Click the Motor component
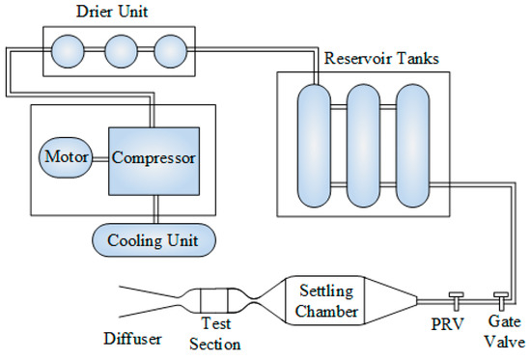pos(66,157)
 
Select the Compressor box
pos(154,161)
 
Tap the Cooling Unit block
pos(154,240)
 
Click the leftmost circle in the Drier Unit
pos(68,51)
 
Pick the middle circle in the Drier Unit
pos(121,51)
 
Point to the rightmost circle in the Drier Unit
pos(170,51)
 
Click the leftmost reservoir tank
pos(314,146)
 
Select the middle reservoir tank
pos(363,146)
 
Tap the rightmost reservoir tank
pos(413,146)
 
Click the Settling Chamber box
pos(325,301)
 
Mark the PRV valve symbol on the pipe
pos(456,300)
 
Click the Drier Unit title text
pos(112,12)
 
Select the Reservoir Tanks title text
pos(381,58)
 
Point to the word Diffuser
pos(133,339)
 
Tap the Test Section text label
pos(215,334)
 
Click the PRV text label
pos(447,324)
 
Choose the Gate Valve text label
pos(504,331)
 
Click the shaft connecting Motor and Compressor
pos(100,159)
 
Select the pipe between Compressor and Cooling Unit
pos(155,209)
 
